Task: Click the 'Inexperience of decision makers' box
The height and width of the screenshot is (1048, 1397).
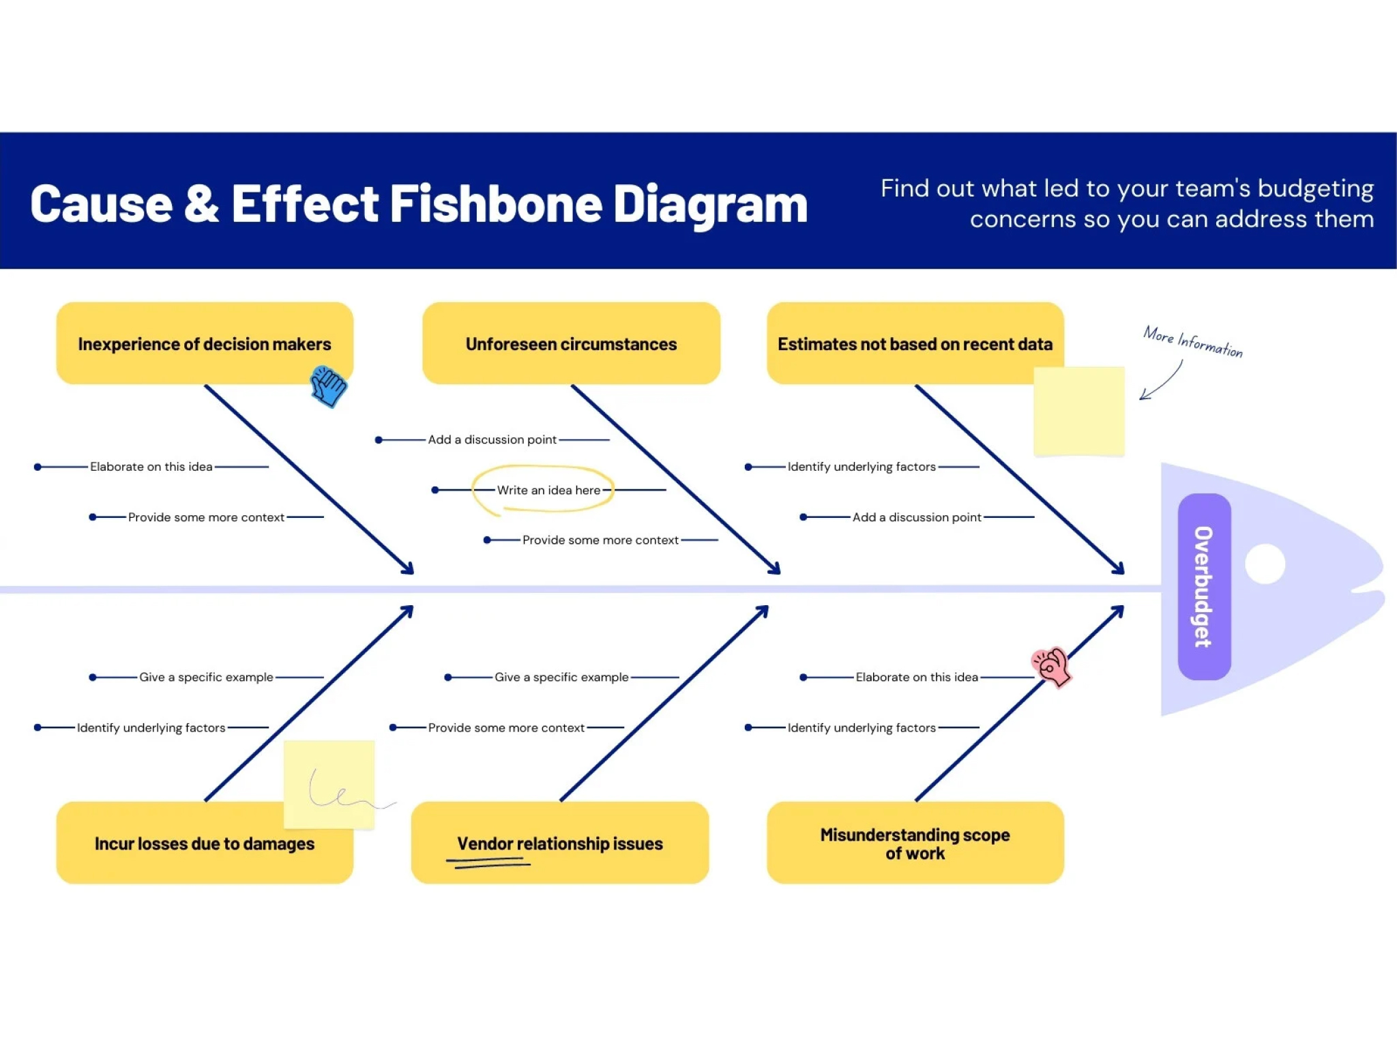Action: [x=205, y=343]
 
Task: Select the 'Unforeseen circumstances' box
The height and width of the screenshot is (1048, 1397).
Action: [x=571, y=343]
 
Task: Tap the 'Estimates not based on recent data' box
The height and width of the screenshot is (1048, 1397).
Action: [x=915, y=343]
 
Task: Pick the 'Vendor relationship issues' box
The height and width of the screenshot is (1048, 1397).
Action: [x=559, y=843]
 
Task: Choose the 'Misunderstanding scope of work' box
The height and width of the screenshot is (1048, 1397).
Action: [x=915, y=843]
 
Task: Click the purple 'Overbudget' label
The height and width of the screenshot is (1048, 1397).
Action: [x=1204, y=587]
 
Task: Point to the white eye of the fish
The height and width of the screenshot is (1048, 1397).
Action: [x=1265, y=564]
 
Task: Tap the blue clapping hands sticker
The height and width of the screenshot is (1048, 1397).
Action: [x=328, y=386]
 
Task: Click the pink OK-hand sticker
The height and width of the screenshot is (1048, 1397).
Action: [x=1051, y=667]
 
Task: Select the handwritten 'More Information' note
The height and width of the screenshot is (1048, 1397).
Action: [x=1193, y=342]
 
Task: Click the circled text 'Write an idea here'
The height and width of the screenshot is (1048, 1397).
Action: [x=548, y=490]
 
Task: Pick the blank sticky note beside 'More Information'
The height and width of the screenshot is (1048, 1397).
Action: [x=1078, y=411]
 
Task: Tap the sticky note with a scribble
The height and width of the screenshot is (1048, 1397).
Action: [x=329, y=784]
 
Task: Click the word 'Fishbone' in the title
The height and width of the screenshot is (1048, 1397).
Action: [x=495, y=204]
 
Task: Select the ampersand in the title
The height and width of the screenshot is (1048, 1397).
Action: [x=202, y=203]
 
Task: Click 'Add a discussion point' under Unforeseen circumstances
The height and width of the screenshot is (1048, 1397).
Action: [x=492, y=439]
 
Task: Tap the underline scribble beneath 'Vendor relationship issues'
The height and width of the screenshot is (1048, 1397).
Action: [x=488, y=863]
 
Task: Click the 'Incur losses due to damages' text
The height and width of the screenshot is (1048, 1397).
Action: [x=205, y=843]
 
